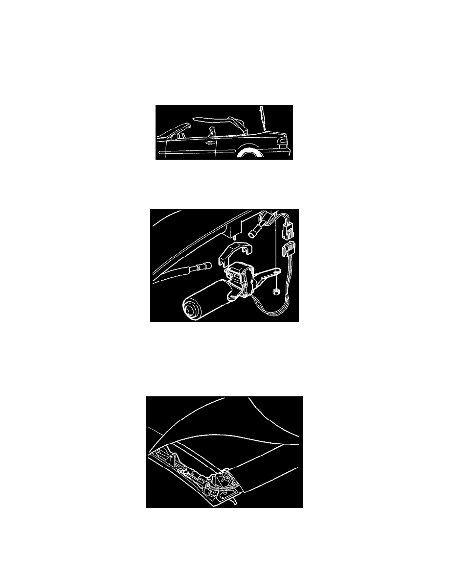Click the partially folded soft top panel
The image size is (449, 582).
click(218, 119)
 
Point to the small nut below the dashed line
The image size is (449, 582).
click(276, 293)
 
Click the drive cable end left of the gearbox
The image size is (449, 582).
click(199, 267)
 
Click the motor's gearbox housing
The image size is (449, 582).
click(240, 279)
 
